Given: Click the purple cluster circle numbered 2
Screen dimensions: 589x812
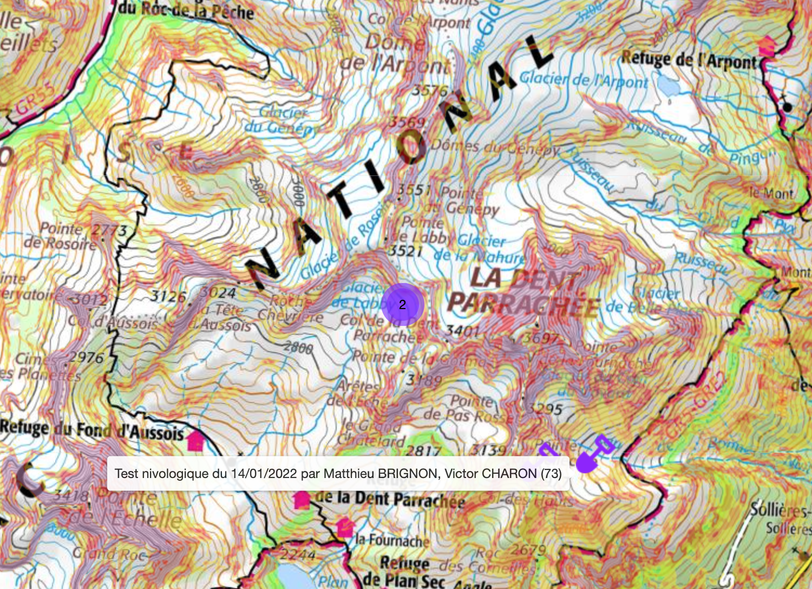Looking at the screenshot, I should [402, 305].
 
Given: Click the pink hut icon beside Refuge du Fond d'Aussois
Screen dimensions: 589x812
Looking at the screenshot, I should [195, 442].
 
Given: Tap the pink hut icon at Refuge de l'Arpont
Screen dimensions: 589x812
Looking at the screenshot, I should [767, 47].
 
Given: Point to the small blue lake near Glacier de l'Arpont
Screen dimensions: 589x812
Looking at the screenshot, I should [669, 85].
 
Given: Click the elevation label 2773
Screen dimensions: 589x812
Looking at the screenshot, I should [109, 231].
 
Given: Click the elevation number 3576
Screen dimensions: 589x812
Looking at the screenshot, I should [430, 90].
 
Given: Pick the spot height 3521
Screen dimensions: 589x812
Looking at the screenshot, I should [405, 251].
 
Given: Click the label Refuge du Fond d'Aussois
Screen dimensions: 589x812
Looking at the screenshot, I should [92, 430].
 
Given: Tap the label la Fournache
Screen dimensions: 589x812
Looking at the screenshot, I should [392, 540].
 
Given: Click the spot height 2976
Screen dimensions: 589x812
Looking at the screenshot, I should [86, 357].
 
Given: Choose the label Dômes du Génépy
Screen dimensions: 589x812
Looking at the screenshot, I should [495, 147].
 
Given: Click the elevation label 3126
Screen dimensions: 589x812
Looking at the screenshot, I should [168, 296].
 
